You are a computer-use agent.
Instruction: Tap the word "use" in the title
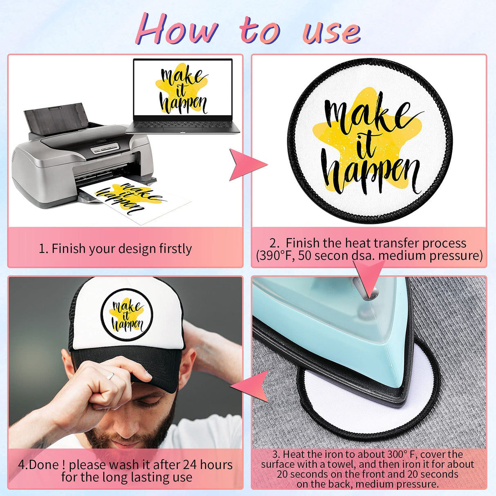tap(331, 32)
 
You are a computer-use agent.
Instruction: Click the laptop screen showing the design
tap(183, 87)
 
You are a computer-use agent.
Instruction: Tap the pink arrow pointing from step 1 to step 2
tap(248, 165)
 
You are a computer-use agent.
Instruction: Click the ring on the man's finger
tap(110, 376)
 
